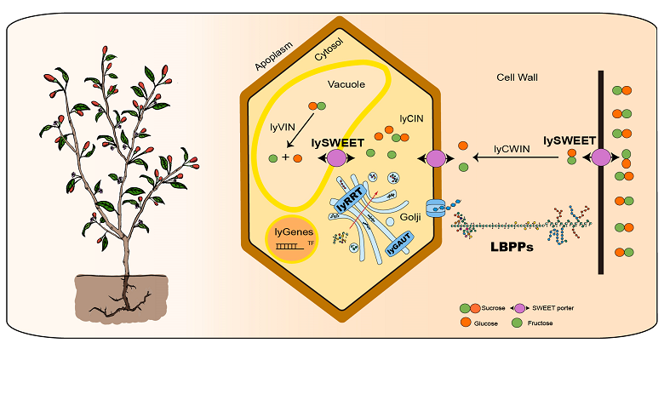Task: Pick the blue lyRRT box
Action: [x=347, y=197]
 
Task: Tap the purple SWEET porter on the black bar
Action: [x=601, y=157]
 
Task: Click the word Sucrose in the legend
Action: [x=495, y=306]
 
